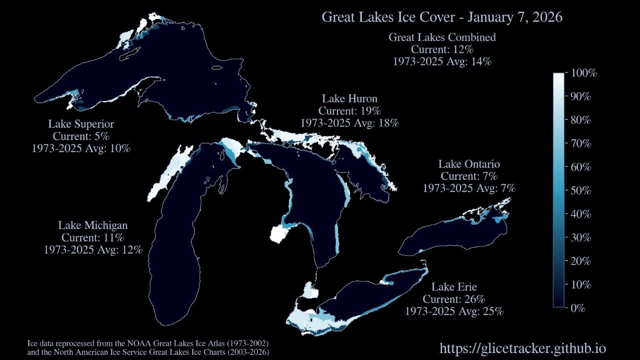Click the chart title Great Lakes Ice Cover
(x=442, y=17)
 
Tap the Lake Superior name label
(x=81, y=124)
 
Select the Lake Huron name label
(x=349, y=98)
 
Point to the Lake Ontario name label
(x=469, y=164)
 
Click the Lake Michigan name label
(x=92, y=225)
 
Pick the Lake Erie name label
(x=454, y=287)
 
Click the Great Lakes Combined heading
(x=442, y=37)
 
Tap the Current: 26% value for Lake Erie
(x=454, y=299)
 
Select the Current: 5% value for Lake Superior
(x=81, y=136)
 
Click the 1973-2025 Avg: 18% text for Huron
(x=349, y=122)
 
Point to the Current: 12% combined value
(x=442, y=49)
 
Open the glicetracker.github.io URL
(x=522, y=348)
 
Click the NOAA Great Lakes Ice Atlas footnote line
(x=148, y=344)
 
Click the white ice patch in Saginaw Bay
(x=276, y=233)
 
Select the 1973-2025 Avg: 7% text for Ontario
(x=469, y=188)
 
